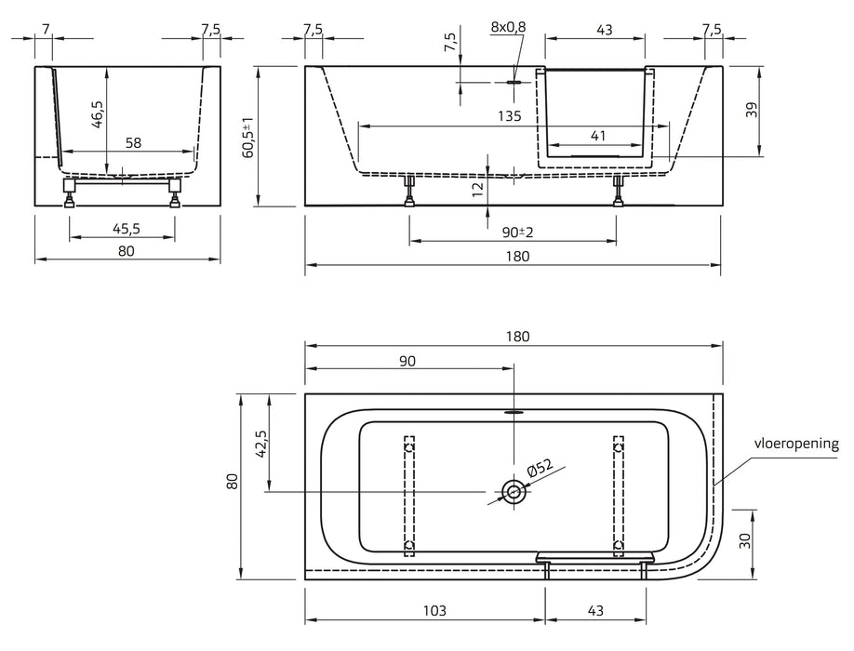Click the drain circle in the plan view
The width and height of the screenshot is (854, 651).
click(x=513, y=491)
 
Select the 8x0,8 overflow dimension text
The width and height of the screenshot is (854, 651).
click(x=508, y=27)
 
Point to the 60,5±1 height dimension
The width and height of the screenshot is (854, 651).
click(x=248, y=138)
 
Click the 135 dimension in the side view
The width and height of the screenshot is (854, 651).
click(x=509, y=116)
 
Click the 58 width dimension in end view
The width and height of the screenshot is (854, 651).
click(x=133, y=142)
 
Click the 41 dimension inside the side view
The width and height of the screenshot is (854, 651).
click(x=597, y=136)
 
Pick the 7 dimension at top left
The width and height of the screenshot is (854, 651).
click(x=46, y=28)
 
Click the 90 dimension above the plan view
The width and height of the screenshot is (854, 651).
click(x=407, y=361)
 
